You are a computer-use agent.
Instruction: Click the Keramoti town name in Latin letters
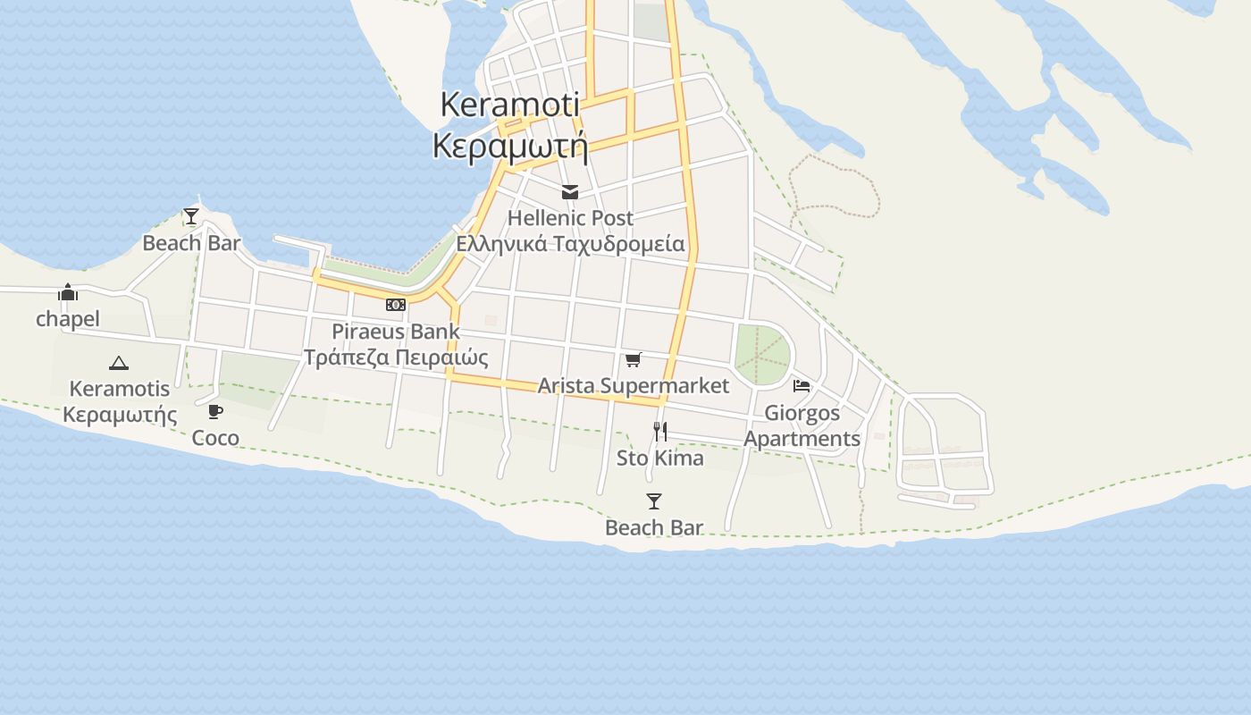click(509, 105)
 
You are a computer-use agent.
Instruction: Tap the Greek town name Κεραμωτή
click(509, 145)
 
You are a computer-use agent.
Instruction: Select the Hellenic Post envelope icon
click(569, 192)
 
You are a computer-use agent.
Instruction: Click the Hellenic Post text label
click(570, 218)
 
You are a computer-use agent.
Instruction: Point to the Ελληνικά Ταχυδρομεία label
click(570, 244)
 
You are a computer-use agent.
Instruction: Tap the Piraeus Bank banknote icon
click(395, 305)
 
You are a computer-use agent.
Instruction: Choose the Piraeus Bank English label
click(396, 332)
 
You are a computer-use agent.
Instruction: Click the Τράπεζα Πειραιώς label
click(396, 357)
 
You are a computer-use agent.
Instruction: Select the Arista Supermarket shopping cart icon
click(633, 359)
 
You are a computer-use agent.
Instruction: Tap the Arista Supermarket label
click(633, 385)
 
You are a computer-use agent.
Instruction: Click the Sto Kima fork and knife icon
click(660, 432)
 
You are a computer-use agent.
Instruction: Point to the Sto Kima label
click(660, 458)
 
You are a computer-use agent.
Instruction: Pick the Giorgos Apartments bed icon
click(802, 386)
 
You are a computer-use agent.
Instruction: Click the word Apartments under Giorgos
click(802, 439)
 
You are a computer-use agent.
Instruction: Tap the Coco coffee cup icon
click(215, 411)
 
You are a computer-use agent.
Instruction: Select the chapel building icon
click(68, 292)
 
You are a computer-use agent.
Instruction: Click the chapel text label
click(68, 319)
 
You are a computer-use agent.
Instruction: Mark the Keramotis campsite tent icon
click(119, 363)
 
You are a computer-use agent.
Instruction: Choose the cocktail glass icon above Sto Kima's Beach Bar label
click(654, 501)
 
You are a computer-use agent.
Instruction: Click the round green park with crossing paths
click(762, 355)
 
